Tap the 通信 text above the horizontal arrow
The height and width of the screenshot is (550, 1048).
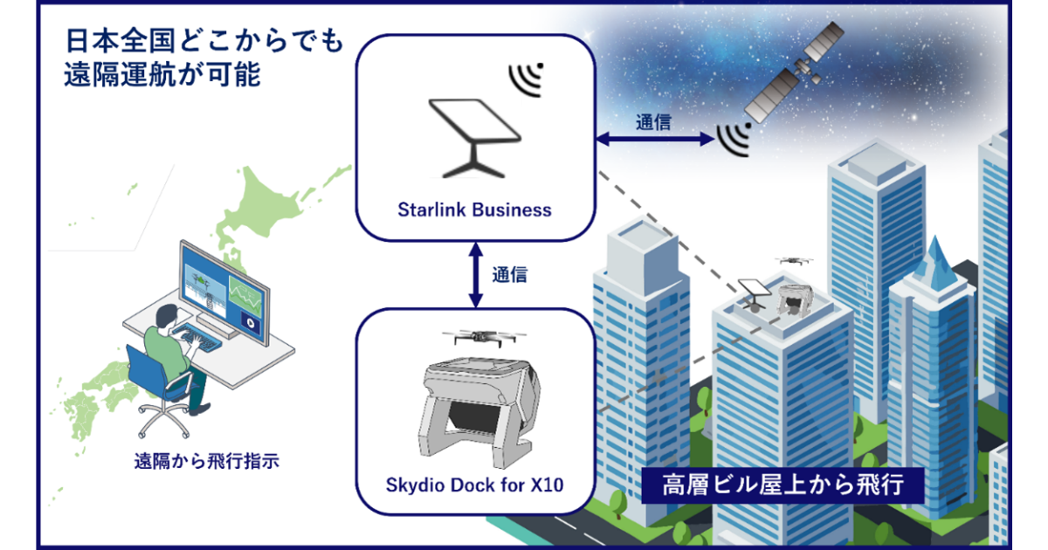tap(653, 122)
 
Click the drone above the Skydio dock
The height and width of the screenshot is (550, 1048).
tap(476, 339)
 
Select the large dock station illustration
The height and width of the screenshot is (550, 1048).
tap(476, 405)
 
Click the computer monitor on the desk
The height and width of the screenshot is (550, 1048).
tap(223, 287)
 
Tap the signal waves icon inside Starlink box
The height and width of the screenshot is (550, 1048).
tap(527, 79)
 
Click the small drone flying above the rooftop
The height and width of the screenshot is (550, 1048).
tap(794, 260)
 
